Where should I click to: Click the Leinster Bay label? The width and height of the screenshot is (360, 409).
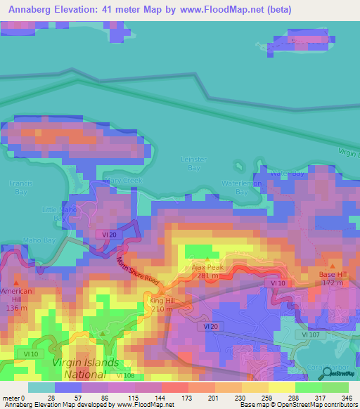coord(193,164)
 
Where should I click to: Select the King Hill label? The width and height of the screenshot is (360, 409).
coord(162,301)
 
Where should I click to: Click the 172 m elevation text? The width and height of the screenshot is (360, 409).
coord(333,283)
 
